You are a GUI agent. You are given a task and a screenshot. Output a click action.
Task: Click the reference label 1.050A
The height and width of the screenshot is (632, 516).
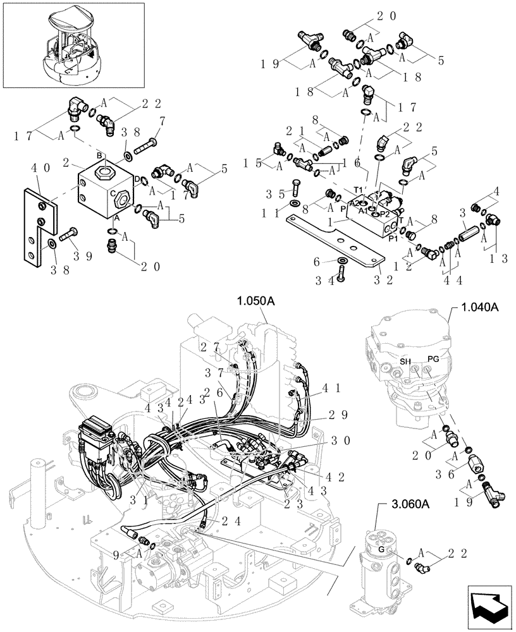[x=256, y=301]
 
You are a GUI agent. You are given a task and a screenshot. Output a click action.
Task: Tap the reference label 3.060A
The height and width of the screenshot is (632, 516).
[x=405, y=504]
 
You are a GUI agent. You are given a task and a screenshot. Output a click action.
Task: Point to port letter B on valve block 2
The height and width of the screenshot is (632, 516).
[x=99, y=155]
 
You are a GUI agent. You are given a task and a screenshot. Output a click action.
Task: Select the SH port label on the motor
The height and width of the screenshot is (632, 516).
[x=405, y=361]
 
